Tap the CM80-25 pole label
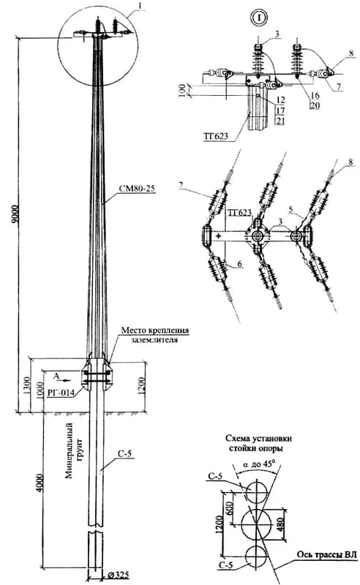(x=137, y=189)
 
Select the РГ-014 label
(x=60, y=392)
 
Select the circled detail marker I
(x=258, y=16)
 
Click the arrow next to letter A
(x=66, y=380)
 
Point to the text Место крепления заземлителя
(x=154, y=335)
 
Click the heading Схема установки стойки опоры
(x=258, y=443)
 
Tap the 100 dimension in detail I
(x=182, y=90)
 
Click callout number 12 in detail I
(x=281, y=100)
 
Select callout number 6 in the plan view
(x=240, y=264)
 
